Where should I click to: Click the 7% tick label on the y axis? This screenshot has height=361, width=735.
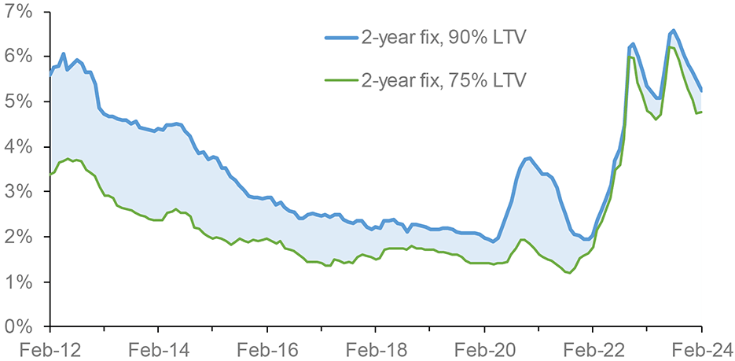pos(19,12)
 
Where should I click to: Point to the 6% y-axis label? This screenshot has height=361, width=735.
pos(19,57)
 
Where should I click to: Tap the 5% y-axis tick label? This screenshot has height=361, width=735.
pos(19,101)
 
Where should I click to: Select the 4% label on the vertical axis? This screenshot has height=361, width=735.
pos(19,146)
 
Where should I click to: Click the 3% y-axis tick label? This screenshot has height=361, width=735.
pos(19,192)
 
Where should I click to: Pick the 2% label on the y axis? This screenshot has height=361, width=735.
pos(19,237)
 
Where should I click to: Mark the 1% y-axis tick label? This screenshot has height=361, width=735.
pos(19,282)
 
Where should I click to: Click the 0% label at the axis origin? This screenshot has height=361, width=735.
pos(19,326)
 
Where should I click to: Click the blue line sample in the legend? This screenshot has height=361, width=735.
pos(340,39)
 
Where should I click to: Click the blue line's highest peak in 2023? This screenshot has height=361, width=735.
pos(674,31)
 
